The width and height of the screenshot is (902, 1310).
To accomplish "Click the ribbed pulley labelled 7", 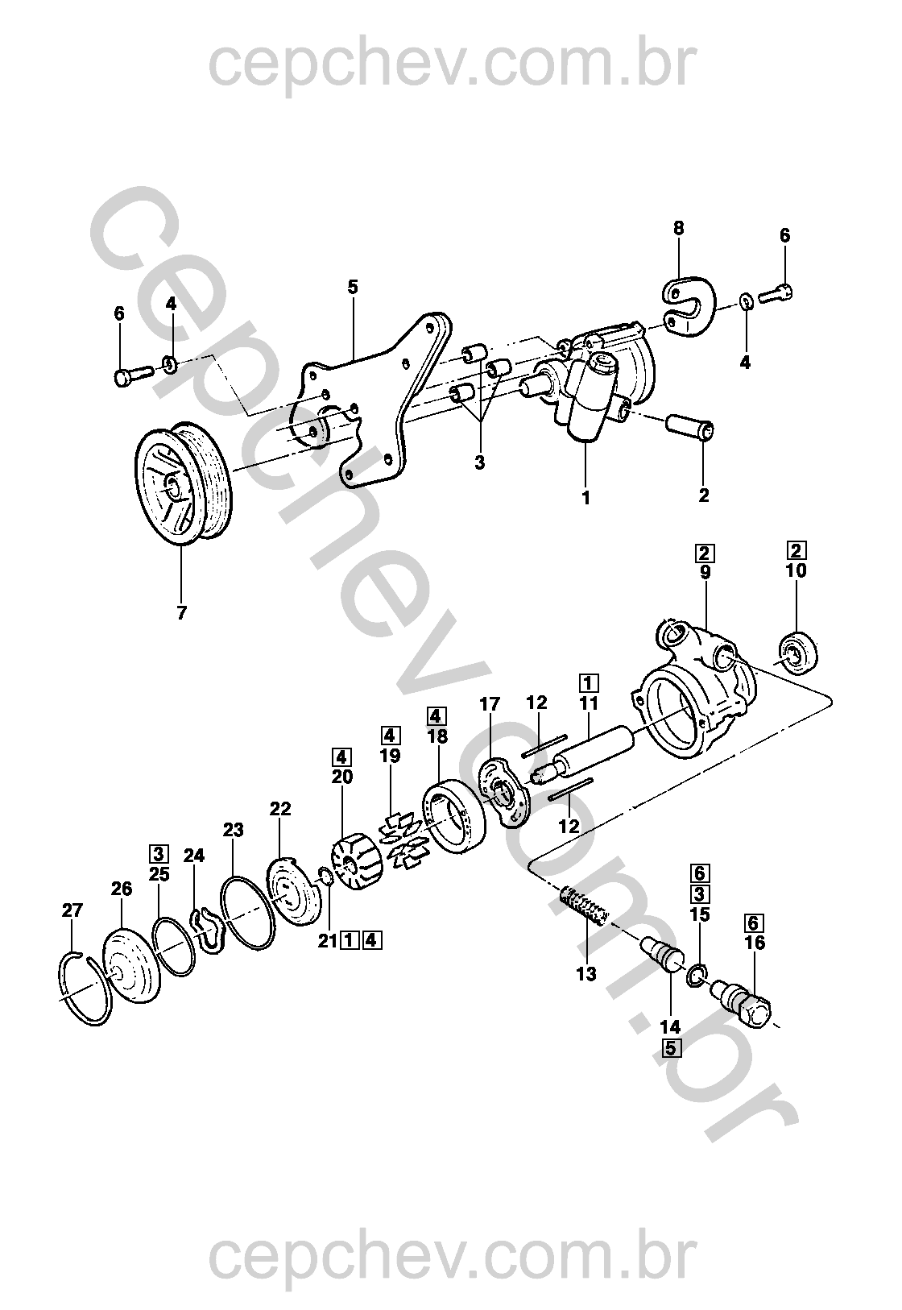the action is point(183,483).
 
